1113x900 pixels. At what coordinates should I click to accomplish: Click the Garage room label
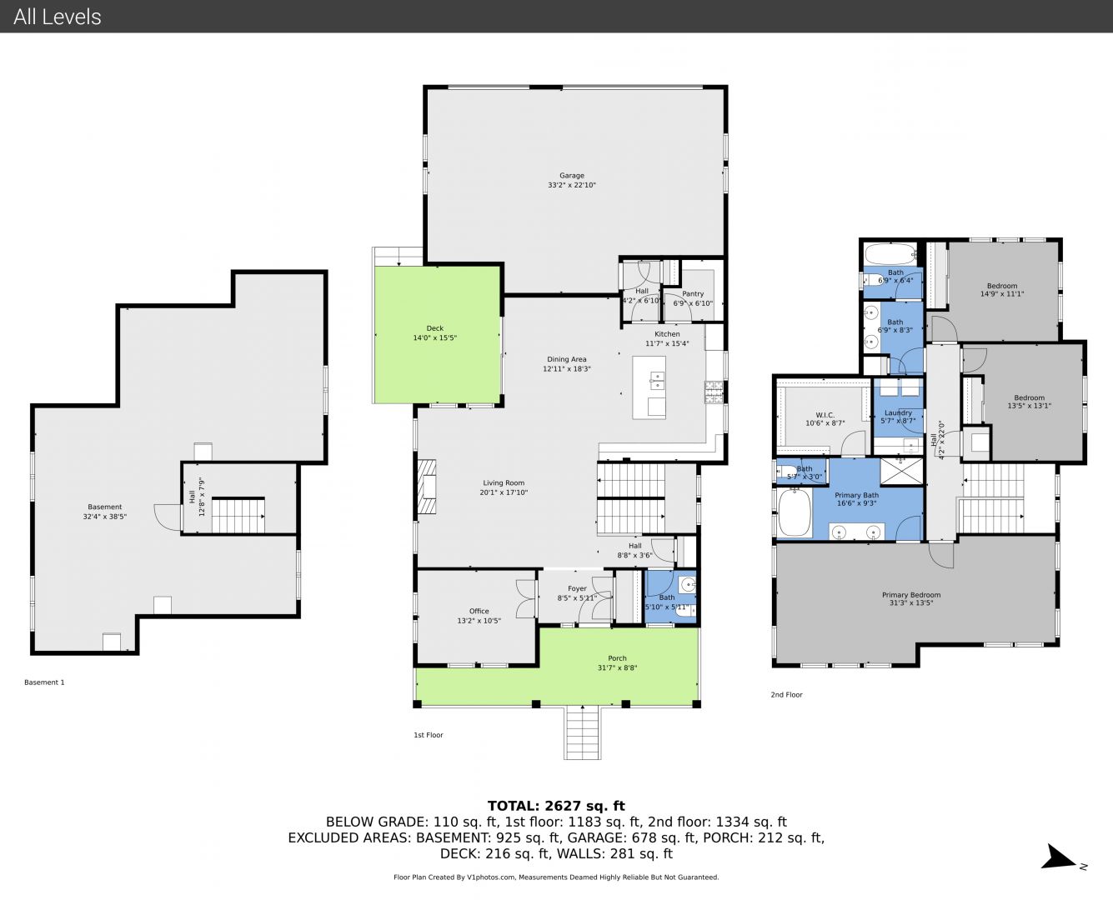572,176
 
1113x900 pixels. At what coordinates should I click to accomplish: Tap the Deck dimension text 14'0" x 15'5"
434,338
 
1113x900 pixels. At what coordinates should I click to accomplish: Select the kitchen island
649,387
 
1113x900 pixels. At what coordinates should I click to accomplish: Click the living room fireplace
426,487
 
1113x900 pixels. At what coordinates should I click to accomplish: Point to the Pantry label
693,293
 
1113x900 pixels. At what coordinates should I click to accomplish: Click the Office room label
479,611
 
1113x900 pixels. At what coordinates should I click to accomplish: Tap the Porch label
617,658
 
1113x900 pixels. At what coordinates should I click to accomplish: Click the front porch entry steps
582,732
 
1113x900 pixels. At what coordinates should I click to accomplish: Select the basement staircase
238,516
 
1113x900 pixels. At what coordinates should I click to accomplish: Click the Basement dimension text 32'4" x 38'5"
105,517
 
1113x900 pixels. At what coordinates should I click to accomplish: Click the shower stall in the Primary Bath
901,471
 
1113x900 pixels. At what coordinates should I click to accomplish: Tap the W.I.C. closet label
825,415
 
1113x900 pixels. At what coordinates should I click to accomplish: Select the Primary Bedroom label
911,595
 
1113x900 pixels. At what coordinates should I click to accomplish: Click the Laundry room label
898,412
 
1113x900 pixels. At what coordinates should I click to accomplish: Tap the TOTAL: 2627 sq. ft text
557,806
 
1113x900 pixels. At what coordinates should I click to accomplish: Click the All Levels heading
58,17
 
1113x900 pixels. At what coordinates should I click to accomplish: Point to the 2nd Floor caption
786,695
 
